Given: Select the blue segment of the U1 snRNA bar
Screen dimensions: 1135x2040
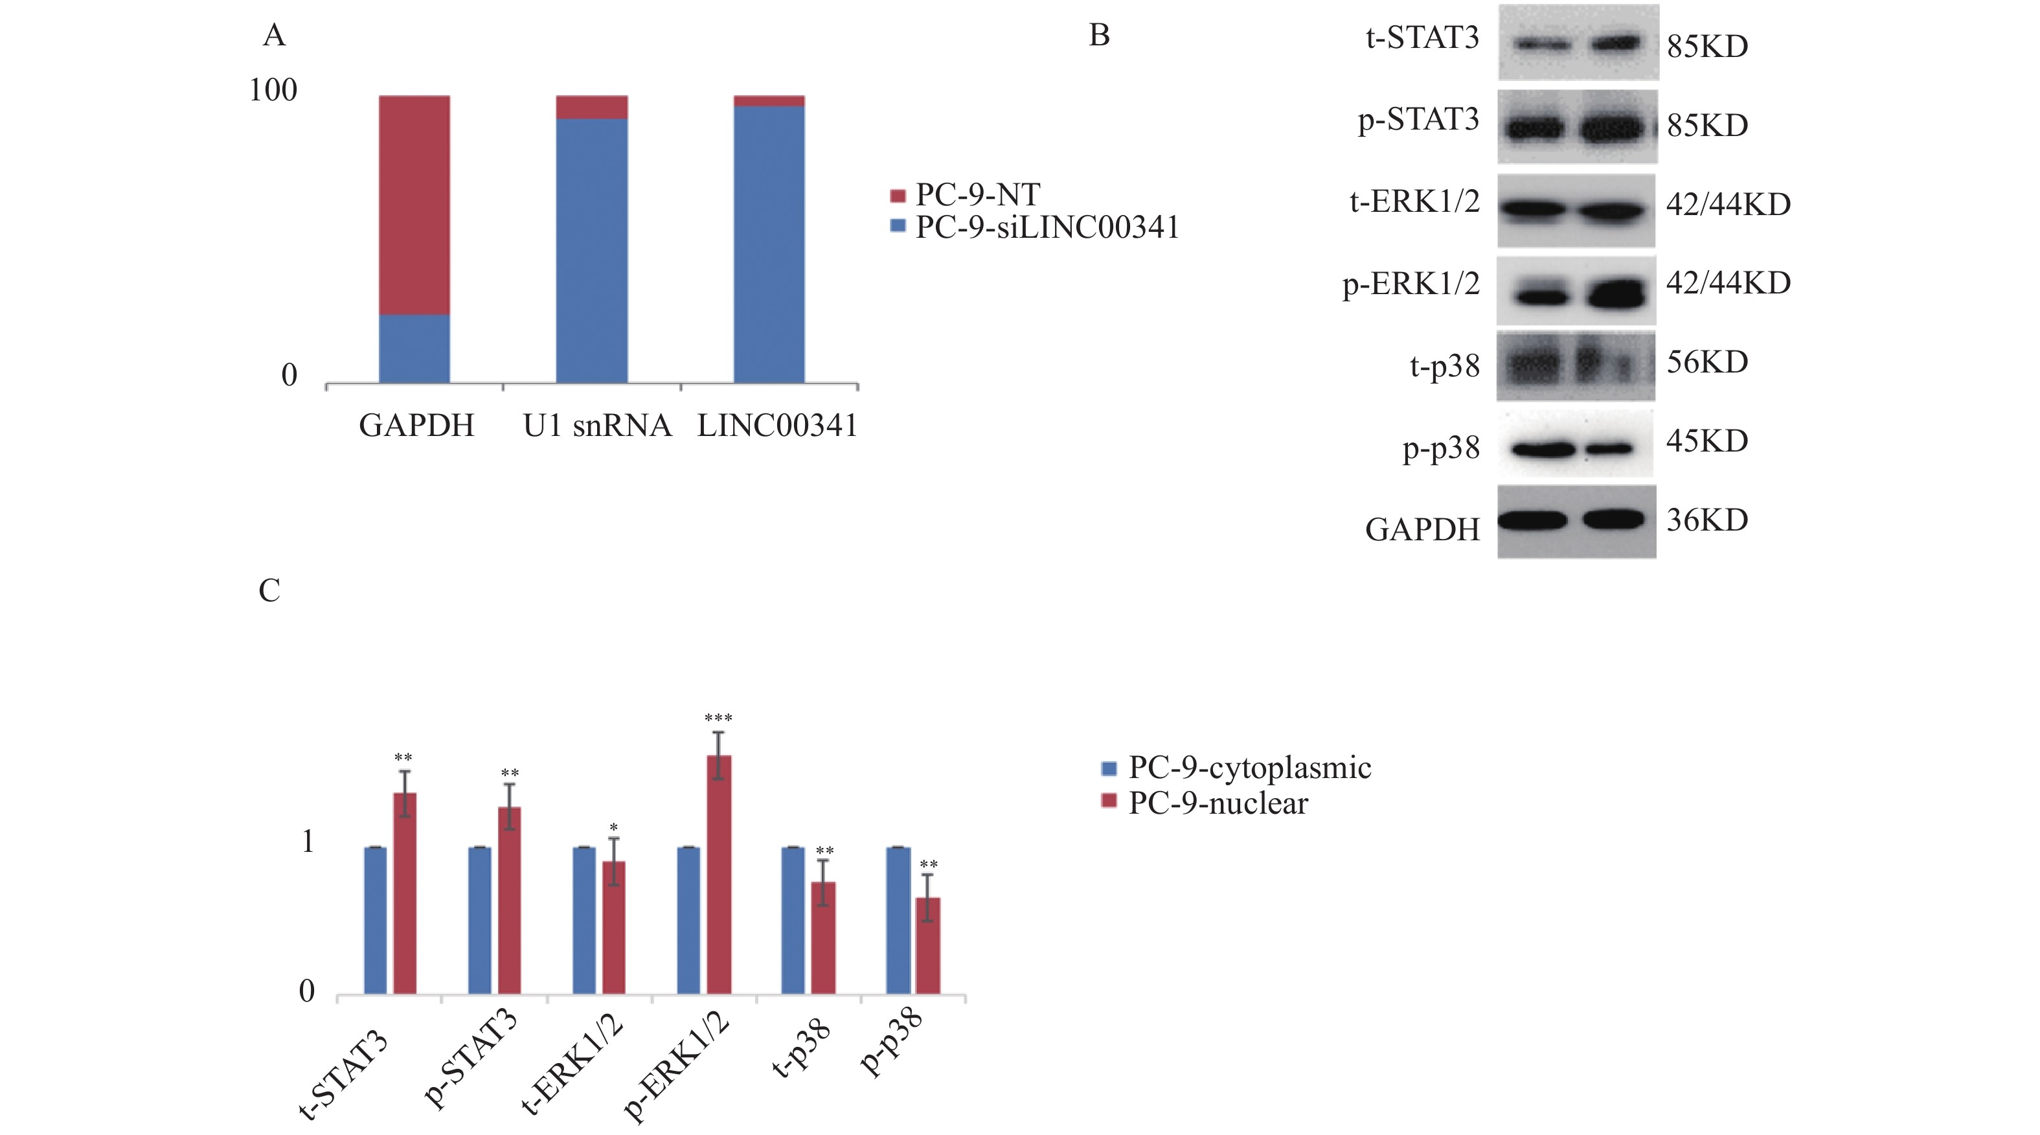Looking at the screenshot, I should pyautogui.click(x=591, y=250).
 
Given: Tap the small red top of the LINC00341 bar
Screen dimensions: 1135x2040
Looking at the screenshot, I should pyautogui.click(x=769, y=100).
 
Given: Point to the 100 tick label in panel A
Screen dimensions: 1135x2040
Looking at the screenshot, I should pyautogui.click(x=273, y=90).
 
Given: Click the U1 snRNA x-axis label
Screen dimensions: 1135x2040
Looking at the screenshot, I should pyautogui.click(x=597, y=426).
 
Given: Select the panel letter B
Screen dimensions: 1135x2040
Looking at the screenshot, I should pyautogui.click(x=1099, y=36).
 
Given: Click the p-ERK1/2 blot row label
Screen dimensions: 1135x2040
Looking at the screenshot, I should pyautogui.click(x=1411, y=284).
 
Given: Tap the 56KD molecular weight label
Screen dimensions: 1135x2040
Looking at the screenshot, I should pyautogui.click(x=1706, y=362).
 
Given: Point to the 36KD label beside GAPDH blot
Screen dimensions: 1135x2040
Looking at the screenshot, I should pyautogui.click(x=1706, y=520).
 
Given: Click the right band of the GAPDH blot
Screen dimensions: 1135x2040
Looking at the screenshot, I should pyautogui.click(x=1613, y=519).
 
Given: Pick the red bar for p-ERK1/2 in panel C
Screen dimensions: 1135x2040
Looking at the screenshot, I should pyautogui.click(x=718, y=875).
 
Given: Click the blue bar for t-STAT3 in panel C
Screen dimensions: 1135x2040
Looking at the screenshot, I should pyautogui.click(x=376, y=921).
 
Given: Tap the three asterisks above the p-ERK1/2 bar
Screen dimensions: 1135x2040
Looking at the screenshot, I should pyautogui.click(x=718, y=718).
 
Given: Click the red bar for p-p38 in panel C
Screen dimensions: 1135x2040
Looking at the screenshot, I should pyautogui.click(x=928, y=946).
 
